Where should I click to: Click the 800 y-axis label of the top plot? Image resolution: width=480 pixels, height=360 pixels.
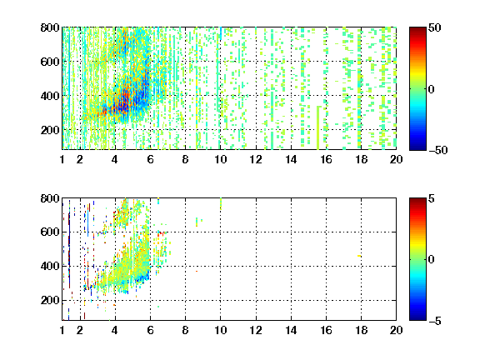[x=50, y=27]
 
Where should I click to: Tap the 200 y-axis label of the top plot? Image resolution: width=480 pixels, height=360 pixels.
[x=50, y=130]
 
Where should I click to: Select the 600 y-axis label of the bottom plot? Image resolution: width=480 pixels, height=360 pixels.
[x=50, y=232]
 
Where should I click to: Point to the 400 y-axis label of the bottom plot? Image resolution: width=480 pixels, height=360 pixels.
[x=50, y=266]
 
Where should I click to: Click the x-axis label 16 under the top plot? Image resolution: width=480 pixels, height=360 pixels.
[x=327, y=159]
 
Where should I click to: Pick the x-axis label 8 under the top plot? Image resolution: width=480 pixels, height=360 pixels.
[x=185, y=159]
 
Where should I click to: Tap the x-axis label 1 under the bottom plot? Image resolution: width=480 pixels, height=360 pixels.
[x=62, y=330]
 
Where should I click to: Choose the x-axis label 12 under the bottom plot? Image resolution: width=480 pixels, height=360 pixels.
[x=256, y=330]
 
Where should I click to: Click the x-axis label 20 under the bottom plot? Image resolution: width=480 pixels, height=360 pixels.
[x=396, y=330]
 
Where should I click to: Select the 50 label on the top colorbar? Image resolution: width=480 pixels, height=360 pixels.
[x=434, y=27]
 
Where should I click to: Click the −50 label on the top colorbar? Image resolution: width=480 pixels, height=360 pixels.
[x=437, y=150]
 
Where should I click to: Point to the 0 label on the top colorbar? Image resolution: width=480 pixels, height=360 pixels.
[x=431, y=89]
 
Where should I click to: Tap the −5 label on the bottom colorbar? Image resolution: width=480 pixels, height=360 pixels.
[x=434, y=321]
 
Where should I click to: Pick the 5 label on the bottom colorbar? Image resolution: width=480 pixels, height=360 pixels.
[x=431, y=198]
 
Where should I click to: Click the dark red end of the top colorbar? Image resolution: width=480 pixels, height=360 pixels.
[x=417, y=29]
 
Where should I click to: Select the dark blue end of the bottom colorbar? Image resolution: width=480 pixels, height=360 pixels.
[x=417, y=318]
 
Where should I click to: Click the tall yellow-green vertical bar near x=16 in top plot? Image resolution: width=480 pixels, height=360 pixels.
[x=318, y=127]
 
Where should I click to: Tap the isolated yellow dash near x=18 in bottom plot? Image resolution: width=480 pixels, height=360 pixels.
[x=359, y=256]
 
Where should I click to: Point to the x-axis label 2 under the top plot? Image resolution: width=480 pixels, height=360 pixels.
[x=80, y=159]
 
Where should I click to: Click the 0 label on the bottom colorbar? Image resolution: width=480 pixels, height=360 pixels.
[x=431, y=260]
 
